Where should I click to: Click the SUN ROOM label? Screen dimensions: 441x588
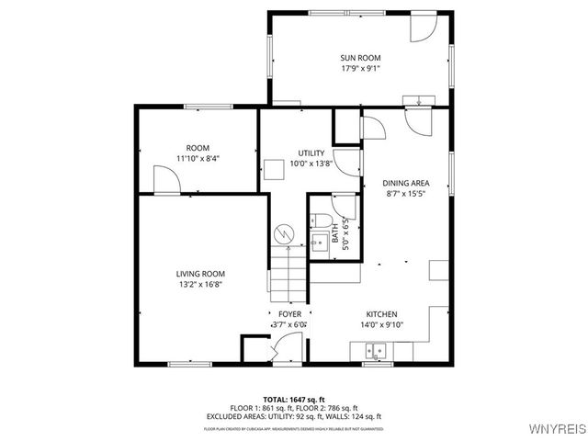click(x=360, y=57)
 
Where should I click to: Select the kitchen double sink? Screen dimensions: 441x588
click(x=375, y=350)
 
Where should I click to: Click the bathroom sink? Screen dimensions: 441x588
click(x=319, y=243)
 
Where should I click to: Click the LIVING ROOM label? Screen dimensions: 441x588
click(x=199, y=274)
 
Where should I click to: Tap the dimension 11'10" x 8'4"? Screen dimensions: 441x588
click(x=198, y=158)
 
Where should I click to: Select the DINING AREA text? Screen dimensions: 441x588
click(x=406, y=183)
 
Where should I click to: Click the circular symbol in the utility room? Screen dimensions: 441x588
click(x=284, y=235)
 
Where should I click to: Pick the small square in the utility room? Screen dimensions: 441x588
click(x=274, y=169)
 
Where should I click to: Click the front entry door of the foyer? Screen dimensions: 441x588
click(x=285, y=350)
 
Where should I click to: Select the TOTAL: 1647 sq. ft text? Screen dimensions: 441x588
click(x=295, y=399)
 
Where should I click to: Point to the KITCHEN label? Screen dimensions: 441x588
click(x=381, y=314)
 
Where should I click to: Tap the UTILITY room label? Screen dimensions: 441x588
click(x=311, y=153)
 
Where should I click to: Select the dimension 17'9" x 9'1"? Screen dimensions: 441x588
click(x=360, y=67)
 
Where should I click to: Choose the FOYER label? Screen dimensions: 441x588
click(x=289, y=314)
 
